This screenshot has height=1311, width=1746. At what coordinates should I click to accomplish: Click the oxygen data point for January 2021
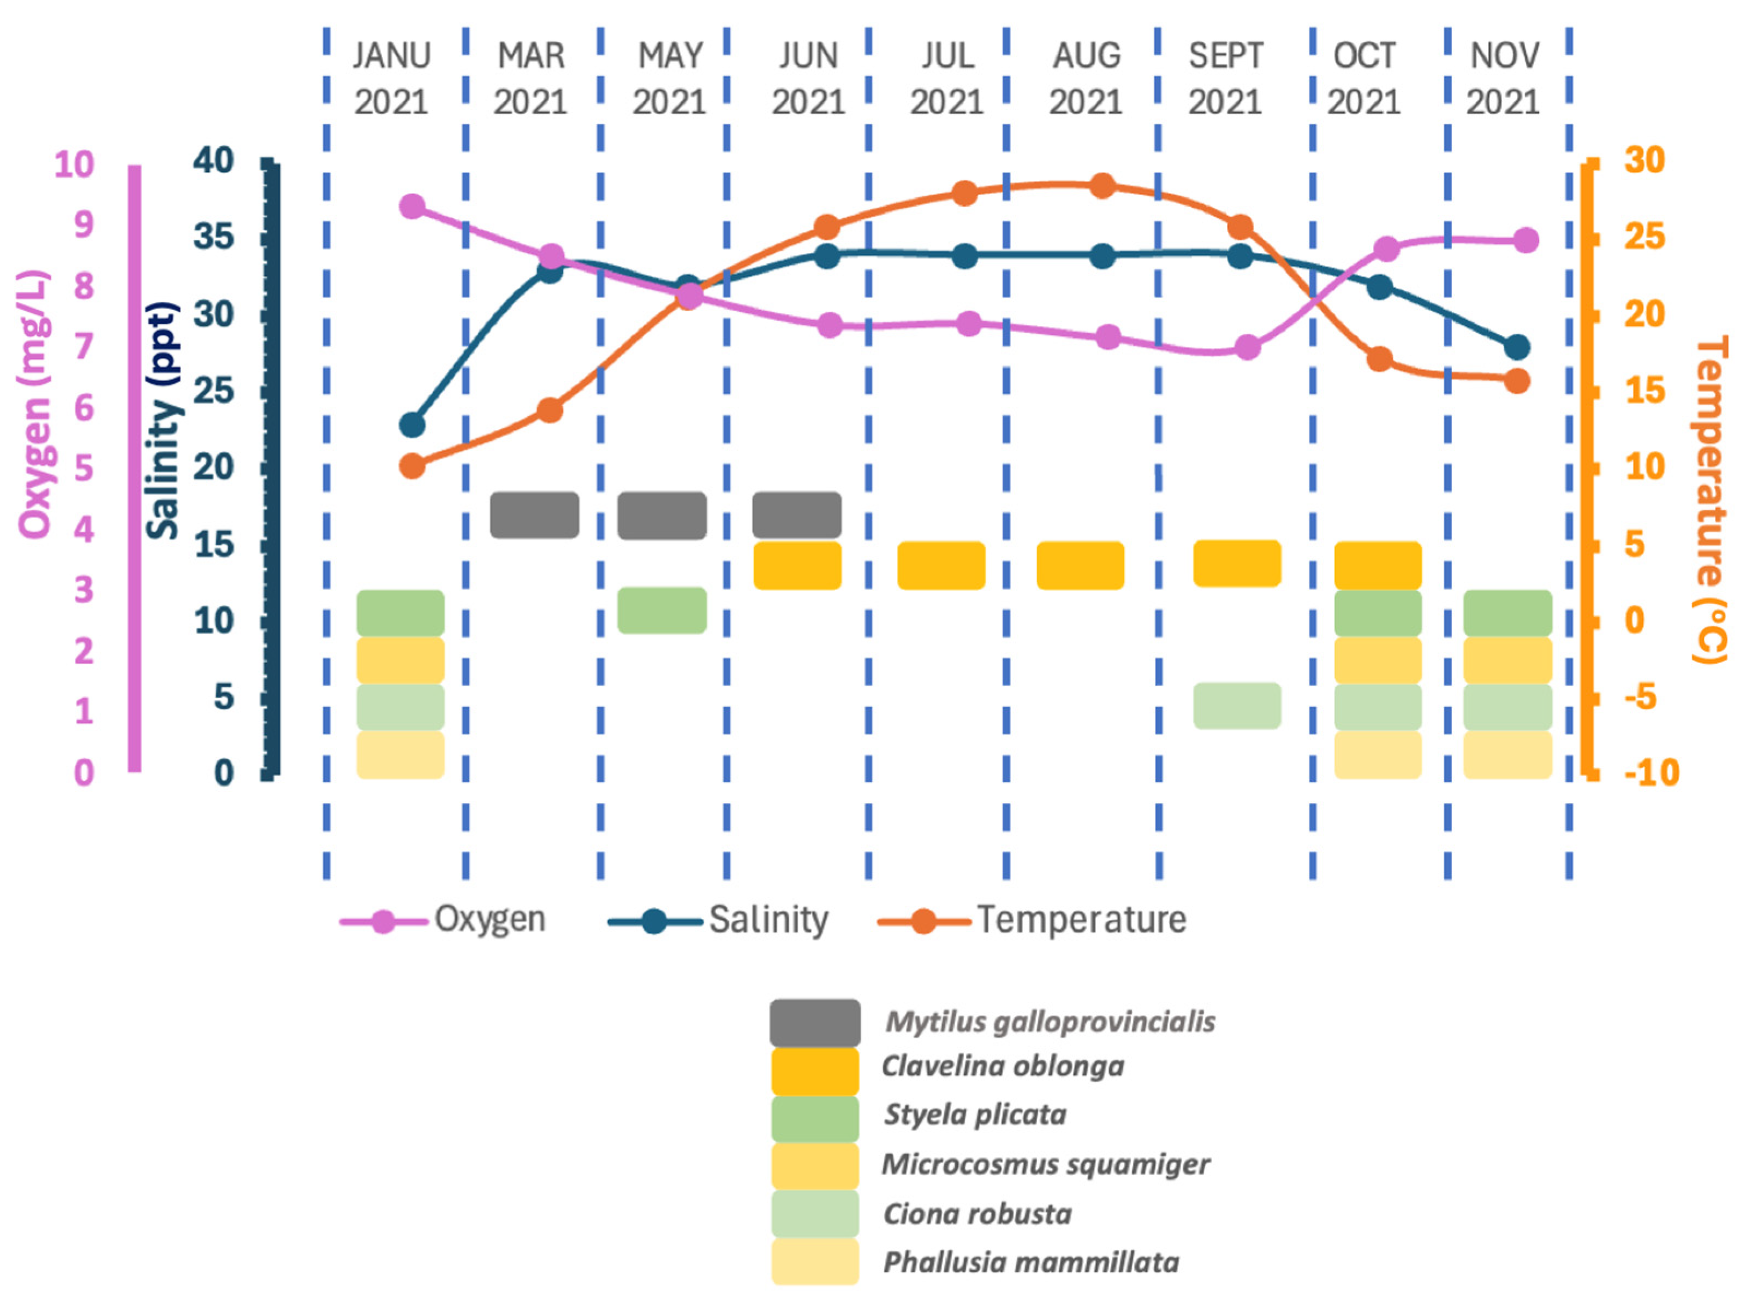(412, 207)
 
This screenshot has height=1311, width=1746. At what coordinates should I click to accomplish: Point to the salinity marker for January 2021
(412, 425)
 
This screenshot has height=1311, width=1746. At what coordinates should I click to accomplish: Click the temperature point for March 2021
(550, 410)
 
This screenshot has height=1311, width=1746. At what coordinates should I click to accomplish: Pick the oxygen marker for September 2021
(1247, 347)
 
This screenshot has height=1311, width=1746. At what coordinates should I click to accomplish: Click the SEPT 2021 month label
(1225, 79)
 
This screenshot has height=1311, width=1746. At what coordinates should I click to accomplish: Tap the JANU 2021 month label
(391, 79)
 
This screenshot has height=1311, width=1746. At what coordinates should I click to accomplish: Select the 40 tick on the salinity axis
(214, 161)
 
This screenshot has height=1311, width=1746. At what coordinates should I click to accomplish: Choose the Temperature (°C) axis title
(1709, 499)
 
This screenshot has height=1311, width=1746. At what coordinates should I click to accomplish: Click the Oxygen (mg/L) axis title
(35, 404)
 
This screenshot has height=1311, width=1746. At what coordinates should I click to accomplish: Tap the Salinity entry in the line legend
(767, 920)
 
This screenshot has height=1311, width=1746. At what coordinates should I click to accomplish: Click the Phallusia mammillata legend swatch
(814, 1262)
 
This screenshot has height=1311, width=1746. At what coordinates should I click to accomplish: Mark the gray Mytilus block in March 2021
(534, 515)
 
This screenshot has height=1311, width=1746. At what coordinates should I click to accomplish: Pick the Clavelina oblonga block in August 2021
(1080, 565)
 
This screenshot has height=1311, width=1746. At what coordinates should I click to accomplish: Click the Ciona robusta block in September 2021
(1237, 705)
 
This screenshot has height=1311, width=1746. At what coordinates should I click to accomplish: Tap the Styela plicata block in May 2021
(662, 611)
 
